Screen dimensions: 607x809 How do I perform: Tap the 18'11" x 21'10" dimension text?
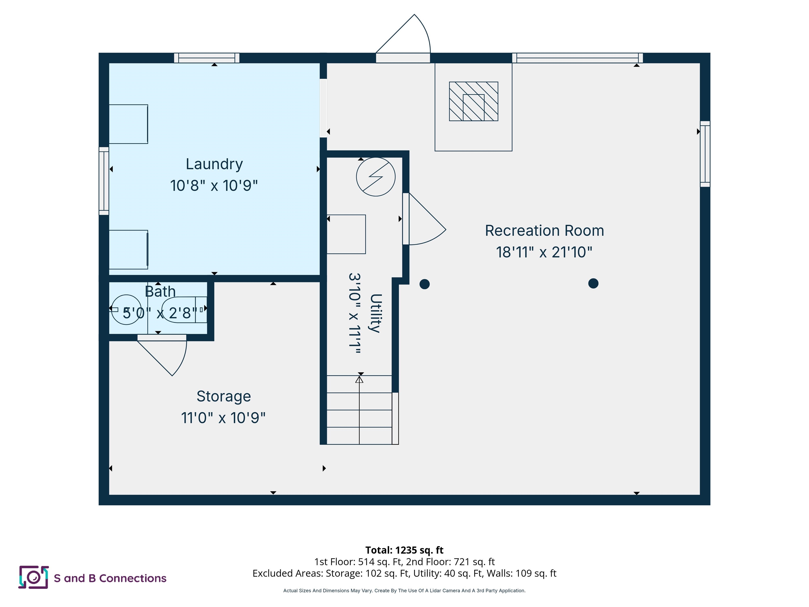click(544, 252)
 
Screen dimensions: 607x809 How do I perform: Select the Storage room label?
click(224, 396)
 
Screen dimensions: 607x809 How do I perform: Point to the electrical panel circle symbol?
click(376, 177)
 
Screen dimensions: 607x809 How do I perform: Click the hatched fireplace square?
click(473, 101)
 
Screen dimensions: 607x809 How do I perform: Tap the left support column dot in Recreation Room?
click(424, 284)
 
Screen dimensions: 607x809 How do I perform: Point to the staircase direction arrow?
click(359, 380)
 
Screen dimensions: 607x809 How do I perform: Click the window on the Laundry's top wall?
click(207, 58)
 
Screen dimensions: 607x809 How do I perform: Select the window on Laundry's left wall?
click(104, 181)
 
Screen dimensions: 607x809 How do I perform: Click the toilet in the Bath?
click(183, 310)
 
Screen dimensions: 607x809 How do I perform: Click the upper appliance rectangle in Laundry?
click(128, 124)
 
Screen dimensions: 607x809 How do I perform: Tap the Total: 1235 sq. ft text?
click(404, 550)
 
